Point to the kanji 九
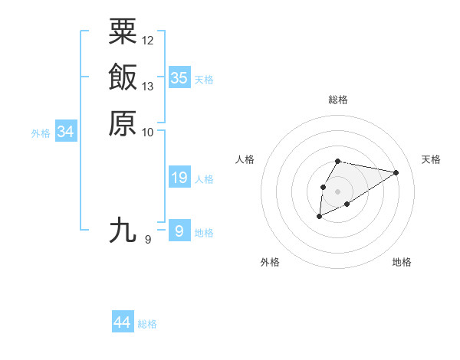[123, 230]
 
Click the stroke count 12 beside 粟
[148, 40]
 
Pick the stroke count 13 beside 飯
[148, 86]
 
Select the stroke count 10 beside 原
[148, 132]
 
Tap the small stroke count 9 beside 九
[148, 240]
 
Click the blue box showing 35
[179, 78]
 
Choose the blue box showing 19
[179, 178]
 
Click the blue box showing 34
[66, 132]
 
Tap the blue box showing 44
[123, 322]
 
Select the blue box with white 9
[179, 231]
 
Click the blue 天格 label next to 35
[204, 80]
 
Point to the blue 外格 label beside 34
[41, 133]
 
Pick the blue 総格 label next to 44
[147, 324]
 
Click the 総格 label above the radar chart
[338, 100]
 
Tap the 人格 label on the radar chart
[245, 159]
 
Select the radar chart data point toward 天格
[396, 172]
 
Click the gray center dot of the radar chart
[338, 191]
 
